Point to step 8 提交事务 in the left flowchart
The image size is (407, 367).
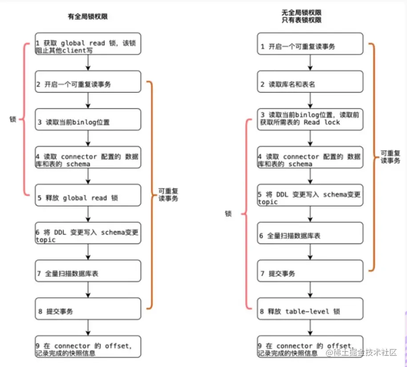(x=88, y=311)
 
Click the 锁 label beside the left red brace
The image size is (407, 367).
(x=13, y=119)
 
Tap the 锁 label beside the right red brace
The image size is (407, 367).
(x=228, y=214)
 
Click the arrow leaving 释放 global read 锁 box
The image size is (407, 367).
(x=88, y=215)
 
